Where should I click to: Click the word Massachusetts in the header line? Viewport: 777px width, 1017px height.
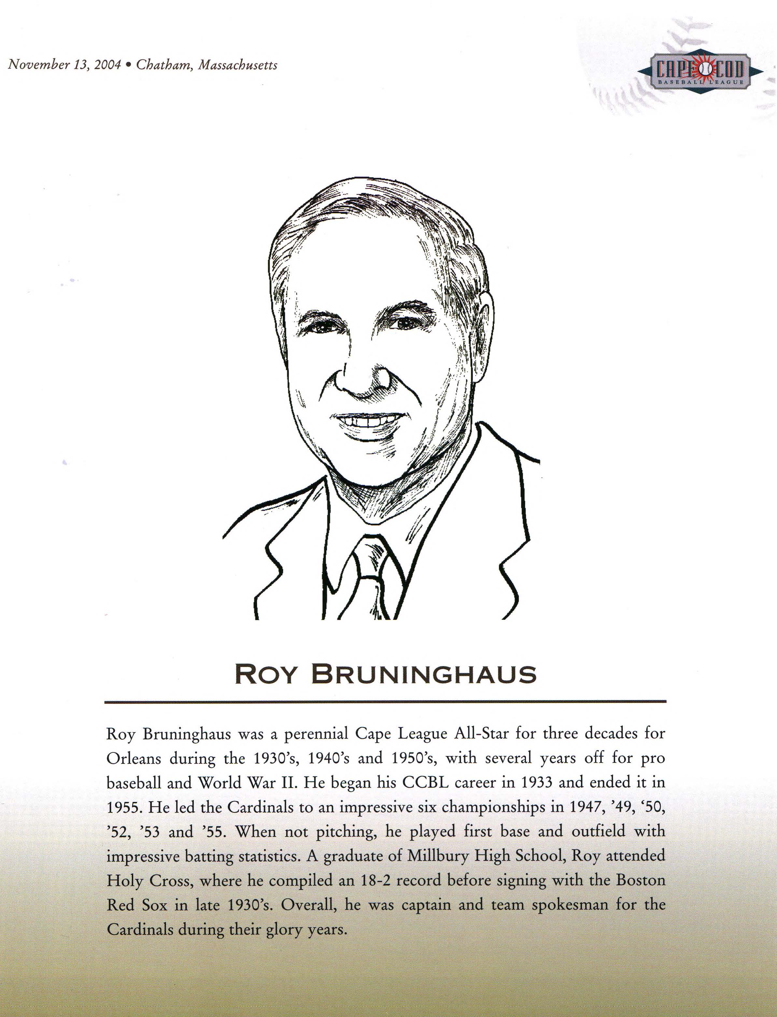[238, 65]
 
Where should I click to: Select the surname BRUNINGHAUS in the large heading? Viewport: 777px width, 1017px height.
[424, 675]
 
